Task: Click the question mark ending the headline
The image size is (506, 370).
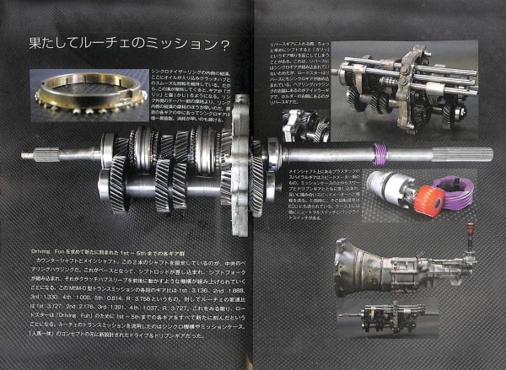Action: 228,42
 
